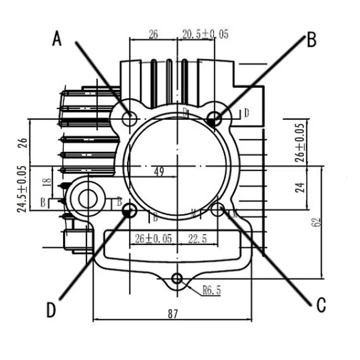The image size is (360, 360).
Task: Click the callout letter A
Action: coord(57,39)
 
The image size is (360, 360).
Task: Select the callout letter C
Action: coord(321,303)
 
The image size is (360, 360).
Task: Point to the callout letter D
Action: coord(51,310)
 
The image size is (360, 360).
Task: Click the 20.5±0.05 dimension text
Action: coord(205,34)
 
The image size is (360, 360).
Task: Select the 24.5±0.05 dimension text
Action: coord(22,189)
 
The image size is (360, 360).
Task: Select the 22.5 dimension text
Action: coord(197,239)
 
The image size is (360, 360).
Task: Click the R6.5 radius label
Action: coord(211,290)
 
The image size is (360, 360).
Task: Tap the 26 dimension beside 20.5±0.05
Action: coord(153,34)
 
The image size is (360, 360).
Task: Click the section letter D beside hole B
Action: coord(246,113)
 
